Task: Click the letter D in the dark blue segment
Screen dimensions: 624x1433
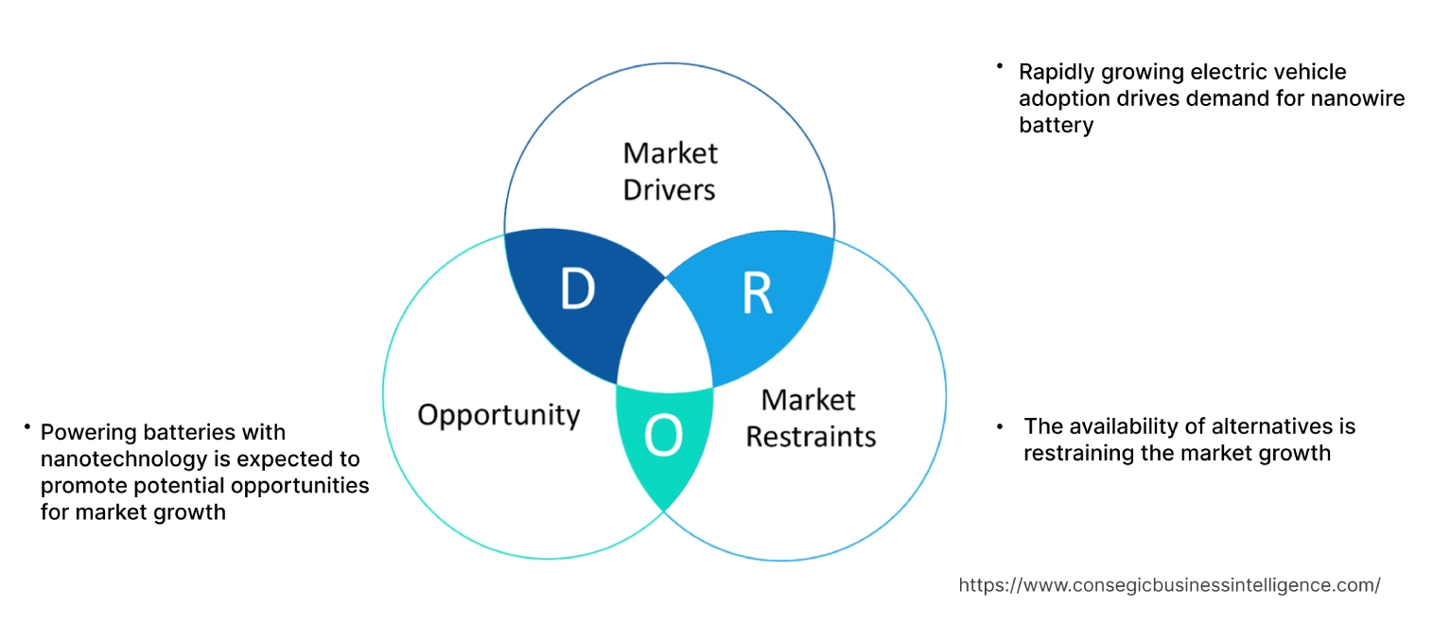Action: tap(577, 290)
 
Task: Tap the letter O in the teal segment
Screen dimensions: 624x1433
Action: tap(663, 435)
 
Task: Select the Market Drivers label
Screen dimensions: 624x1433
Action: tap(670, 171)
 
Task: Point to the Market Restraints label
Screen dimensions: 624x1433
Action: tap(811, 418)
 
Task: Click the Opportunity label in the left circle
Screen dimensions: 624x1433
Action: tap(498, 414)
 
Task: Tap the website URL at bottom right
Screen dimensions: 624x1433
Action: tap(1169, 585)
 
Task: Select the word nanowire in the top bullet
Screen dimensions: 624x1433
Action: tap(1361, 98)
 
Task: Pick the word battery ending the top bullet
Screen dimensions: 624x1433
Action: tap(1056, 125)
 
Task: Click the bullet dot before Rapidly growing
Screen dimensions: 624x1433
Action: tap(998, 66)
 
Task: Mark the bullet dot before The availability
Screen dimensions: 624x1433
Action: tap(1001, 426)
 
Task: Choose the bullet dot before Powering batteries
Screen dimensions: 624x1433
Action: tap(28, 427)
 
